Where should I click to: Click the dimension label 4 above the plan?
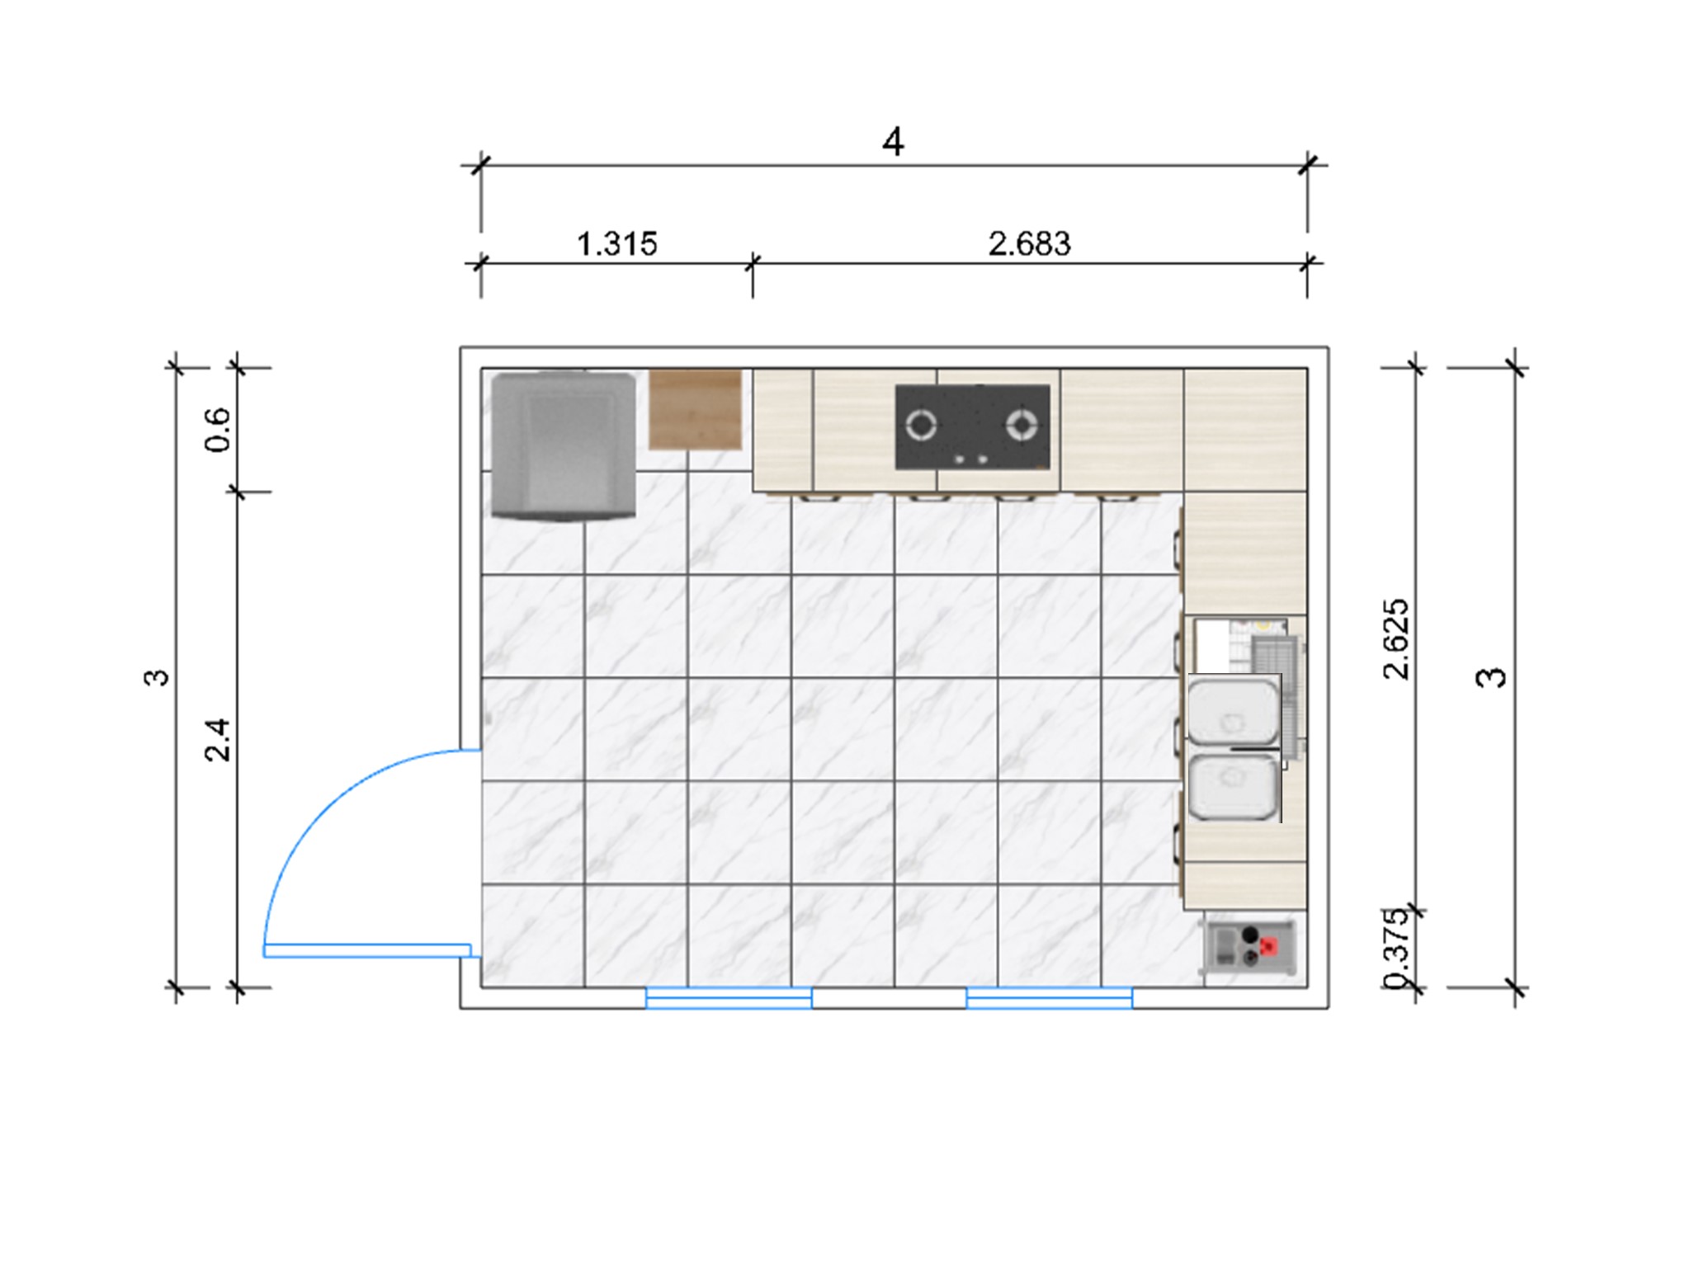[893, 142]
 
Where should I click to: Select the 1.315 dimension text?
[616, 244]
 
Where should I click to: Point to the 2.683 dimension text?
[1029, 244]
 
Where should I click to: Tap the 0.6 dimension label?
[218, 430]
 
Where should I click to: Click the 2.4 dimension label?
[218, 739]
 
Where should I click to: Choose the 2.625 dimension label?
[1395, 639]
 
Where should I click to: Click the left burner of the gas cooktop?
[921, 426]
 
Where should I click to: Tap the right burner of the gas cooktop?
[1022, 426]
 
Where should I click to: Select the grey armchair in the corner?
[564, 446]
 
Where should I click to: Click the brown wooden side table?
[695, 410]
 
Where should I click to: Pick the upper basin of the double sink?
[1233, 710]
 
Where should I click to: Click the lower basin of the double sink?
[1233, 787]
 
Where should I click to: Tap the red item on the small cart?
[1269, 946]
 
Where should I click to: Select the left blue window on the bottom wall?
[729, 998]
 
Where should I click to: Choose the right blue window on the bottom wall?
[1049, 998]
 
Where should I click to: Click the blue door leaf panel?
[367, 951]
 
